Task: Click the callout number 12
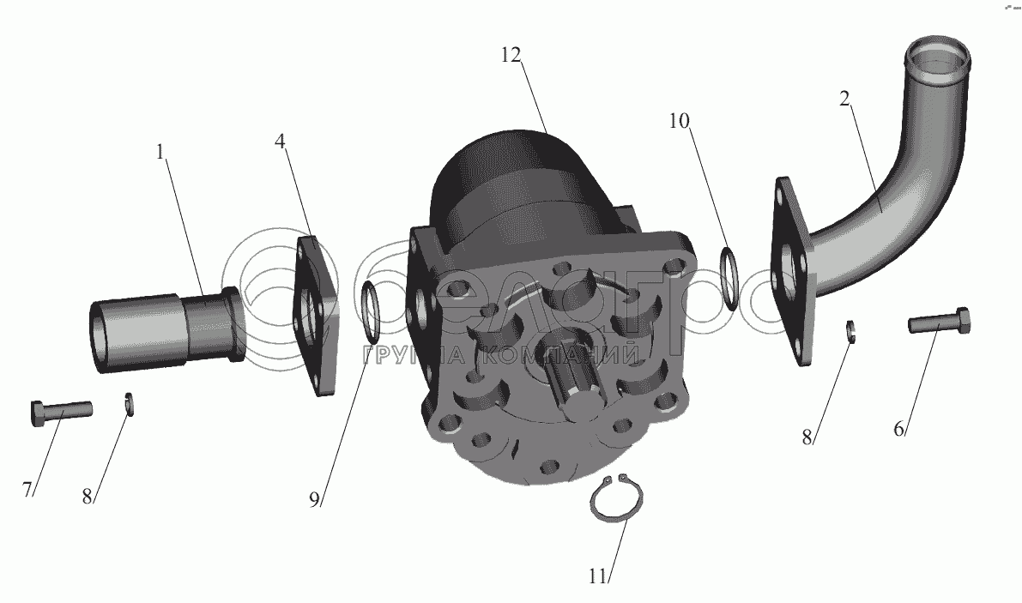tap(511, 56)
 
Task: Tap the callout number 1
tap(160, 152)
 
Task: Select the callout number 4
tap(281, 142)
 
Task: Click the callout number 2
tap(844, 99)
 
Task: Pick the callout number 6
tap(898, 429)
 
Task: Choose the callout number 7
tap(27, 489)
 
